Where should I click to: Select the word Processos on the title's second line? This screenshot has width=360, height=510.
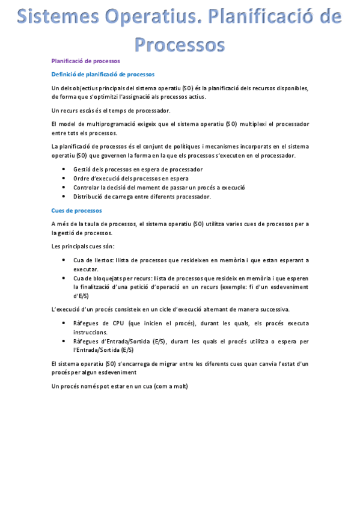[180, 43]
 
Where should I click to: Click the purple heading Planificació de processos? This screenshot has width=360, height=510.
[86, 61]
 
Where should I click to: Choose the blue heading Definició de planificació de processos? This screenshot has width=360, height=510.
[103, 75]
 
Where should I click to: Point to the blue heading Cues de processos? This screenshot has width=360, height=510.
[77, 210]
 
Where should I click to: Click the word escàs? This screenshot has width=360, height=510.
[88, 110]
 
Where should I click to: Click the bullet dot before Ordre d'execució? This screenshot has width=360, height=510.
[64, 179]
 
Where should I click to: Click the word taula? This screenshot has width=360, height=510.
[99, 224]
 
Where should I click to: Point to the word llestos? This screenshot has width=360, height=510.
[107, 260]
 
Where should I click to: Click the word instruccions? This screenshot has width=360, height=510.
[91, 332]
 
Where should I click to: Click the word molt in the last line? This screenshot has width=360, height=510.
[178, 386]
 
